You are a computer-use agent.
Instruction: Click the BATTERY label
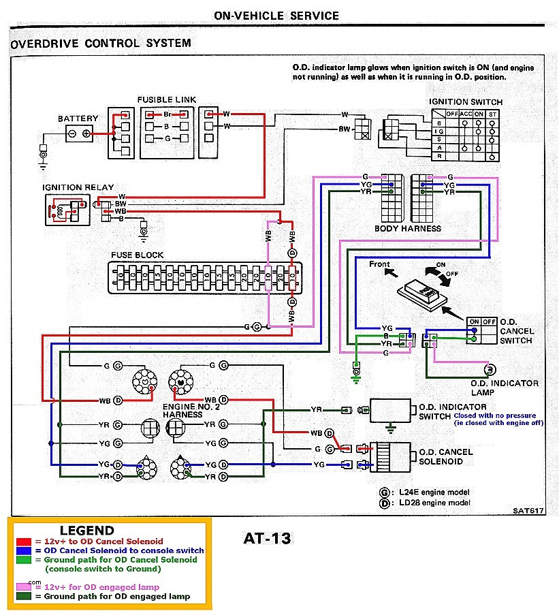[78, 119]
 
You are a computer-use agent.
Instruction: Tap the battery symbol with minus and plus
[78, 134]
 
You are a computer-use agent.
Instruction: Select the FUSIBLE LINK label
[166, 99]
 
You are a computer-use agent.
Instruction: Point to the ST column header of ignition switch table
[492, 113]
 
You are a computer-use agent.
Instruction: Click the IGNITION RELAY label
[78, 187]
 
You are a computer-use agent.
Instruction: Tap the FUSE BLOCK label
[138, 255]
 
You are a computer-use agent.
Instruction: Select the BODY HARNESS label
[407, 229]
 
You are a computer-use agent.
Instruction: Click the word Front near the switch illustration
[379, 264]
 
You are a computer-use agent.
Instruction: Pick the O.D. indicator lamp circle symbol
[488, 369]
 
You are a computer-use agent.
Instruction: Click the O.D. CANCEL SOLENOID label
[446, 456]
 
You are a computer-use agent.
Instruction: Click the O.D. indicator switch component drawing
[391, 410]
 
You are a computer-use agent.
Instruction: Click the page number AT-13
[267, 539]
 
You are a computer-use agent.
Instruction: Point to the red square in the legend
[21, 541]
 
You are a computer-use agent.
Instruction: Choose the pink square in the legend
[21, 587]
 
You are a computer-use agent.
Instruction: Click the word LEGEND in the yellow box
[86, 530]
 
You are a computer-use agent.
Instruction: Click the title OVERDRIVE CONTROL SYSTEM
[101, 44]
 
